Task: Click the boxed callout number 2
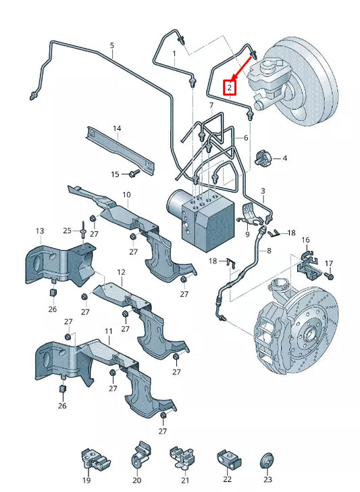230,88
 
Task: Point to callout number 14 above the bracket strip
117,128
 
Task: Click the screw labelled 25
82,230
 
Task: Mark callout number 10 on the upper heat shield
126,195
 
